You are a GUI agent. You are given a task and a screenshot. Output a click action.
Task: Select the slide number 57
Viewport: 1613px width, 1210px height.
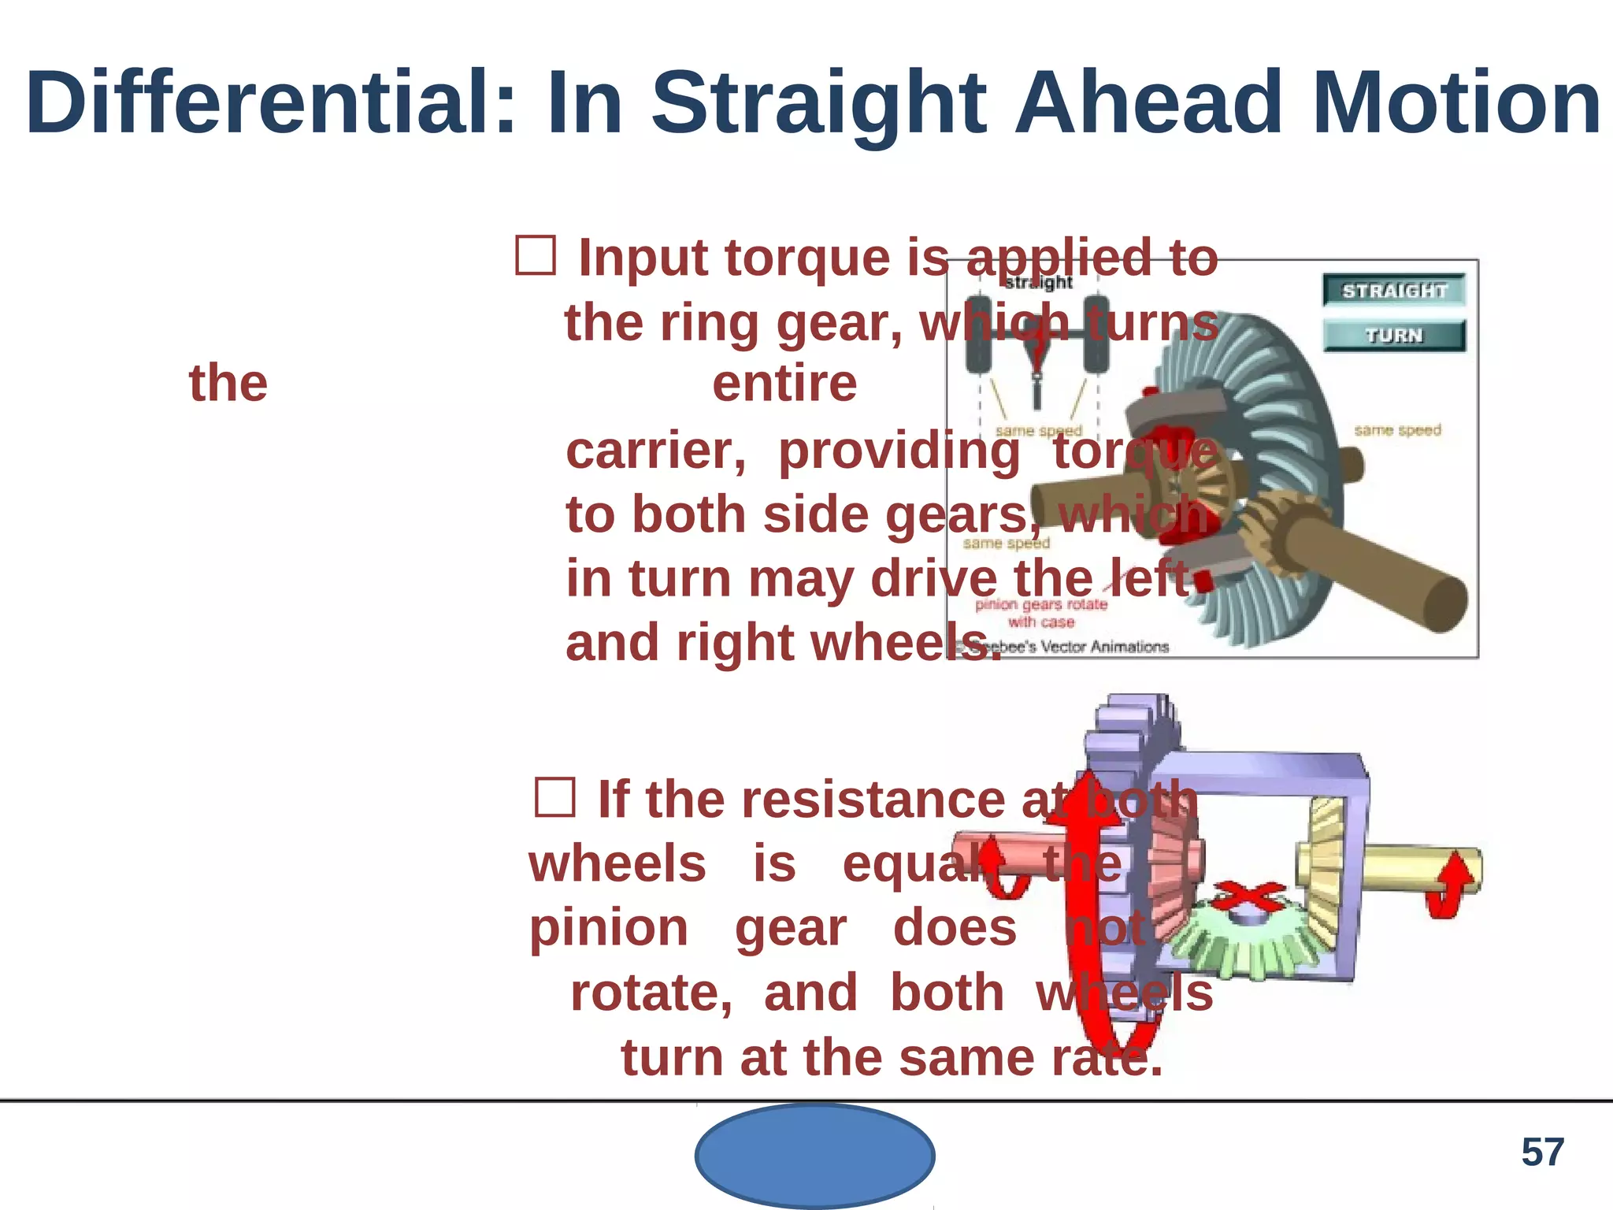(x=1542, y=1152)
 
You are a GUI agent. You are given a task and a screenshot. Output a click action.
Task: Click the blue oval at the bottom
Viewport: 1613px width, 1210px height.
(x=814, y=1156)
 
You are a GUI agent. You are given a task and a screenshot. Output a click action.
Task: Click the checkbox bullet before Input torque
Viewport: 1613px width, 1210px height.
(x=536, y=256)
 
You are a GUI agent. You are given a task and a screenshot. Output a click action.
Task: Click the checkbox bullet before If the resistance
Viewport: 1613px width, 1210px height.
(x=555, y=797)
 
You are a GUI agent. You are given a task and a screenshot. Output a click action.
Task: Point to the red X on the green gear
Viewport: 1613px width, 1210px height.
(x=1248, y=898)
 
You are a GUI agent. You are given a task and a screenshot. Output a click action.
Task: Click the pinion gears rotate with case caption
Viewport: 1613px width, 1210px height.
(x=1041, y=613)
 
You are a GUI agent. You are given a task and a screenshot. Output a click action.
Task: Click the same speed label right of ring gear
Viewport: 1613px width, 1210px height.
(x=1397, y=430)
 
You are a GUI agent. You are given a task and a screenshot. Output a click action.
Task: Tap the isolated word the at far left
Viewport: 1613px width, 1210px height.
(x=228, y=384)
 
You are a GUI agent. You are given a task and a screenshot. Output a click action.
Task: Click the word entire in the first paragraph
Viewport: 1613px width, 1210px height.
(x=784, y=384)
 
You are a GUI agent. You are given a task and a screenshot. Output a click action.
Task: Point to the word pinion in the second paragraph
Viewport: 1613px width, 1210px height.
(x=608, y=928)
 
